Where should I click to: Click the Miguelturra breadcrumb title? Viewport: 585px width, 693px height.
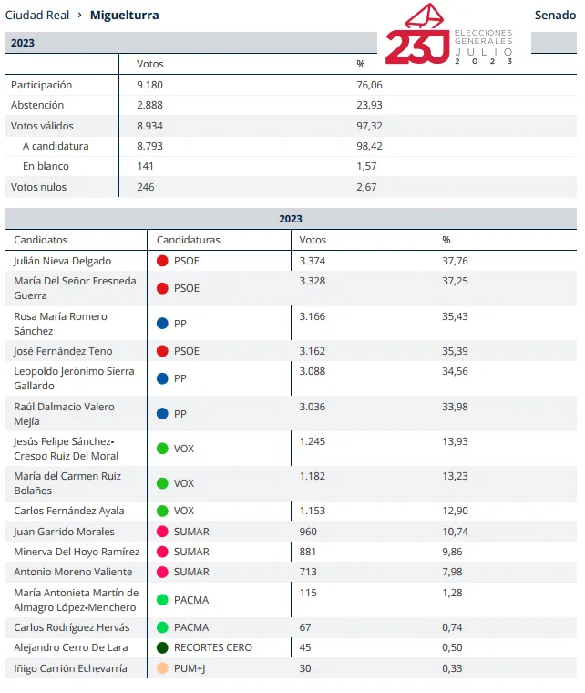[x=124, y=15]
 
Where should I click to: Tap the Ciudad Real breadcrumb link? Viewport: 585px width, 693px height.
[x=37, y=15]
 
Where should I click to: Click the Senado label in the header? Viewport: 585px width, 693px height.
[x=555, y=15]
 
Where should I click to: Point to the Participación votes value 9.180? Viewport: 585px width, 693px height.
[x=149, y=85]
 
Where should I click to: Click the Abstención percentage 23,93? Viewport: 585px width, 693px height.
[x=370, y=105]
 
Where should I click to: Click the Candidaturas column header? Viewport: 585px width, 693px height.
[x=189, y=240]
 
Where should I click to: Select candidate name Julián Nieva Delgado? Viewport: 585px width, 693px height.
[x=62, y=261]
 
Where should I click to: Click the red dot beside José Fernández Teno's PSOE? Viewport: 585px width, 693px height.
[x=162, y=351]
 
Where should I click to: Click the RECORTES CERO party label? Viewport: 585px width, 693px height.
[x=212, y=647]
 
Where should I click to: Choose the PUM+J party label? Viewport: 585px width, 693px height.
[x=191, y=668]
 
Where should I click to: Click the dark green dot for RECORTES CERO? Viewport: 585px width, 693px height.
[x=162, y=647]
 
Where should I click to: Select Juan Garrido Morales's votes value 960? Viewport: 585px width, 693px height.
[x=310, y=532]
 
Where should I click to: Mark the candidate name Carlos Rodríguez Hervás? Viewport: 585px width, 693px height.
[x=72, y=627]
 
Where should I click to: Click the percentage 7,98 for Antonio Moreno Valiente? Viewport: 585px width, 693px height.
[x=452, y=572]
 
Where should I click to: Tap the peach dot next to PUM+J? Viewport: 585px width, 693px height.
[x=162, y=668]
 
